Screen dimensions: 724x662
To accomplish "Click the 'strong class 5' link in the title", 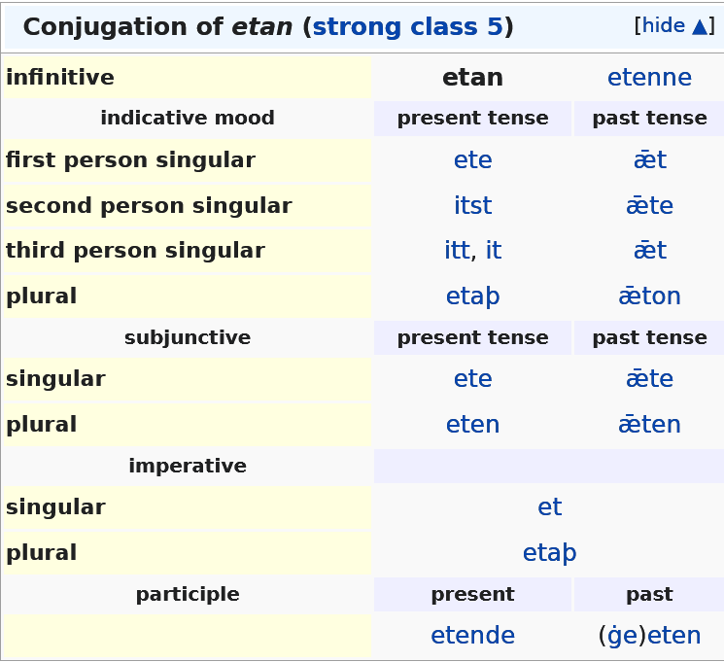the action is (x=408, y=27).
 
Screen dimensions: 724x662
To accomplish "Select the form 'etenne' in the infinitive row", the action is (x=649, y=77).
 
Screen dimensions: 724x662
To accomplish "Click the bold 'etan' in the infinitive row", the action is (x=472, y=77).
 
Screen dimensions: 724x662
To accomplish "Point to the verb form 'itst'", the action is (x=473, y=205).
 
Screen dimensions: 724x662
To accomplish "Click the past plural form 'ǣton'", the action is (x=649, y=296).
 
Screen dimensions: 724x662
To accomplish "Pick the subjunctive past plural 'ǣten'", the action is (x=649, y=424).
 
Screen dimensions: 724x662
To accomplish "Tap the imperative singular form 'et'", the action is (x=549, y=506).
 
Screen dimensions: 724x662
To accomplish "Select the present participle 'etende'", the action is (x=473, y=635).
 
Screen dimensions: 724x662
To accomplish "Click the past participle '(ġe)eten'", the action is (x=649, y=635).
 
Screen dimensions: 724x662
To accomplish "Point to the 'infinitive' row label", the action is (x=60, y=77).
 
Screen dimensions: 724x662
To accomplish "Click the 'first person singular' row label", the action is (x=130, y=160).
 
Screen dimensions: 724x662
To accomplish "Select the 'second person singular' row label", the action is (x=149, y=205).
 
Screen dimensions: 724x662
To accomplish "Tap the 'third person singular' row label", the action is (x=135, y=251).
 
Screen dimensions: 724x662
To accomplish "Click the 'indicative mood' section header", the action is (x=188, y=118).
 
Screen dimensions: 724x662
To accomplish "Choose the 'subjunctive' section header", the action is (x=188, y=337).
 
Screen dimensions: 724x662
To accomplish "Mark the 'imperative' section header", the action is (x=188, y=466).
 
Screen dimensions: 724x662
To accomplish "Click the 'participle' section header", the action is (x=188, y=594).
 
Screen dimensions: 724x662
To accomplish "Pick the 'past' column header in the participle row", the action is (x=649, y=595).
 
